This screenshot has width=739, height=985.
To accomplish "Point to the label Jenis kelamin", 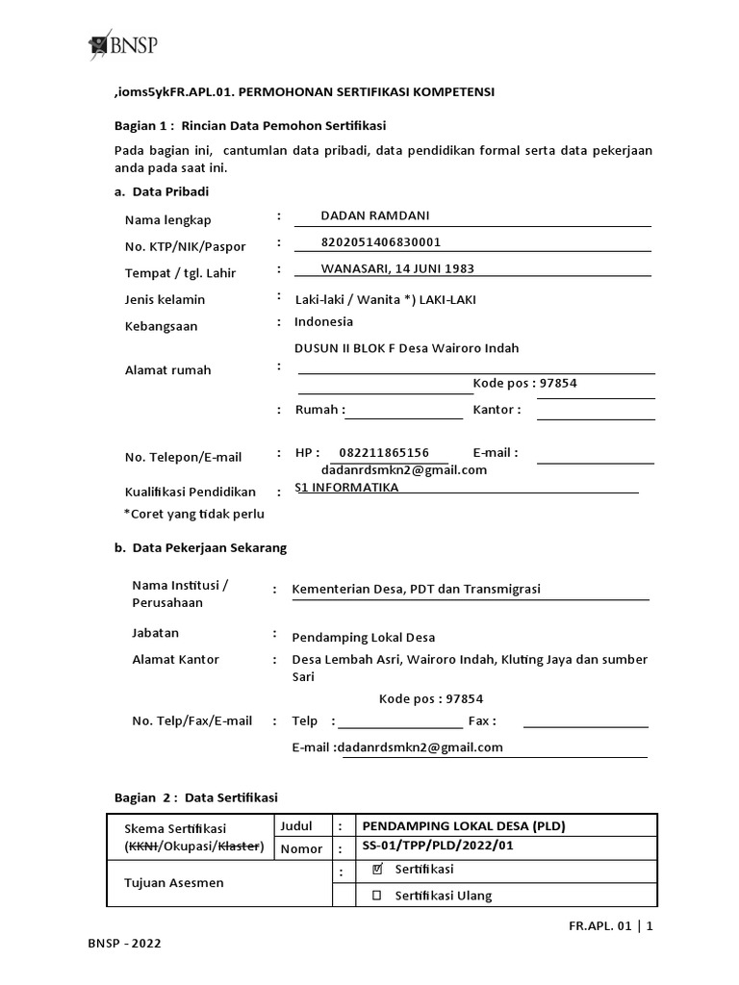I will [165, 300].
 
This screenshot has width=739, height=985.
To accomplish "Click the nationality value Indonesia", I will [323, 322].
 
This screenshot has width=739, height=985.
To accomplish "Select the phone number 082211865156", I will [384, 452].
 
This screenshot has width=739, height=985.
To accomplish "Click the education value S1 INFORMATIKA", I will [346, 488].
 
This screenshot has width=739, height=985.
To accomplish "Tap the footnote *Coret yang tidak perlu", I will [193, 514].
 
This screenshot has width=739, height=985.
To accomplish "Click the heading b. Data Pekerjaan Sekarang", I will [200, 547].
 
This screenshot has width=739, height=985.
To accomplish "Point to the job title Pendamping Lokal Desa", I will [364, 638].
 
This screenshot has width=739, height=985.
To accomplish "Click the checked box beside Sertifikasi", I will [377, 870].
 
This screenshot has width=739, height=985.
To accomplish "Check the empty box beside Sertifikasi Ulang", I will [377, 896].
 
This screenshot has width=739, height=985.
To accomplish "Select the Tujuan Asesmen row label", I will [173, 882].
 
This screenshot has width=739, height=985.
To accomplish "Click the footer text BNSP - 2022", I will [123, 944].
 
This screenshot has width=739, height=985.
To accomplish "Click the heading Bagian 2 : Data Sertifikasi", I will [195, 797].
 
